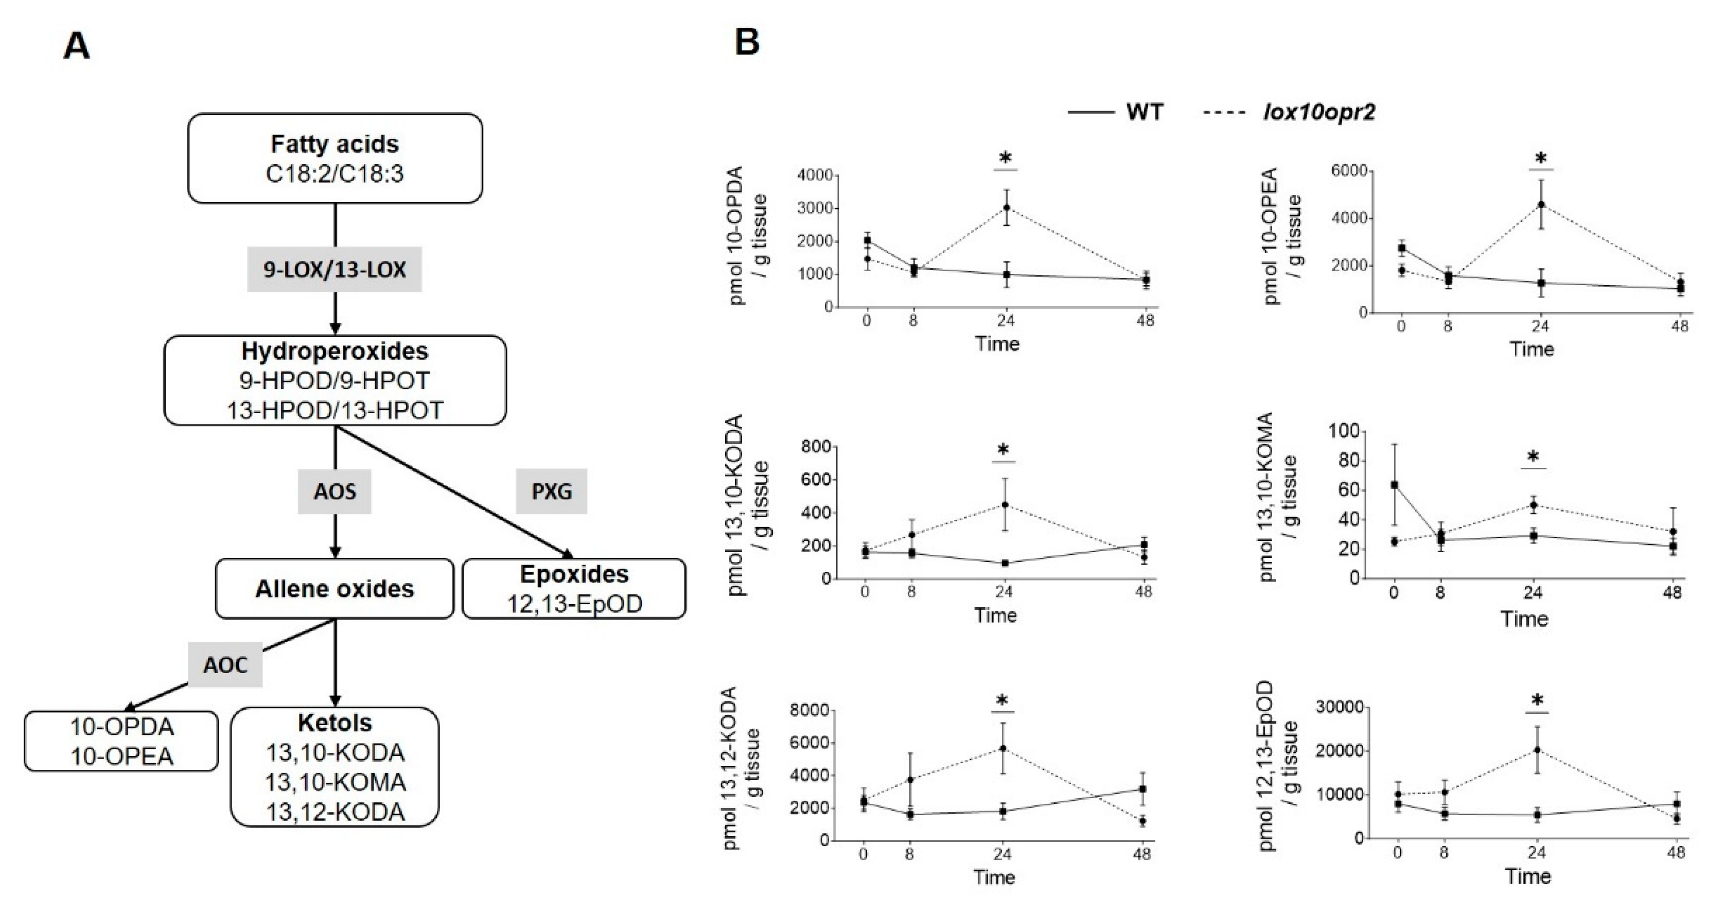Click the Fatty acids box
point(335,158)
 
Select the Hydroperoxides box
point(335,380)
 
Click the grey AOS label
point(335,491)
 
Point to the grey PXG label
point(551,491)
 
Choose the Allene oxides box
point(334,589)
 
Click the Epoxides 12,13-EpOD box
point(574,589)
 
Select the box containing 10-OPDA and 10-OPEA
point(121,741)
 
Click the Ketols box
point(335,767)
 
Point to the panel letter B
point(747,43)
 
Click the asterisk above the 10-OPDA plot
point(1005,159)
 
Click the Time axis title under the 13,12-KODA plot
point(994,877)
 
